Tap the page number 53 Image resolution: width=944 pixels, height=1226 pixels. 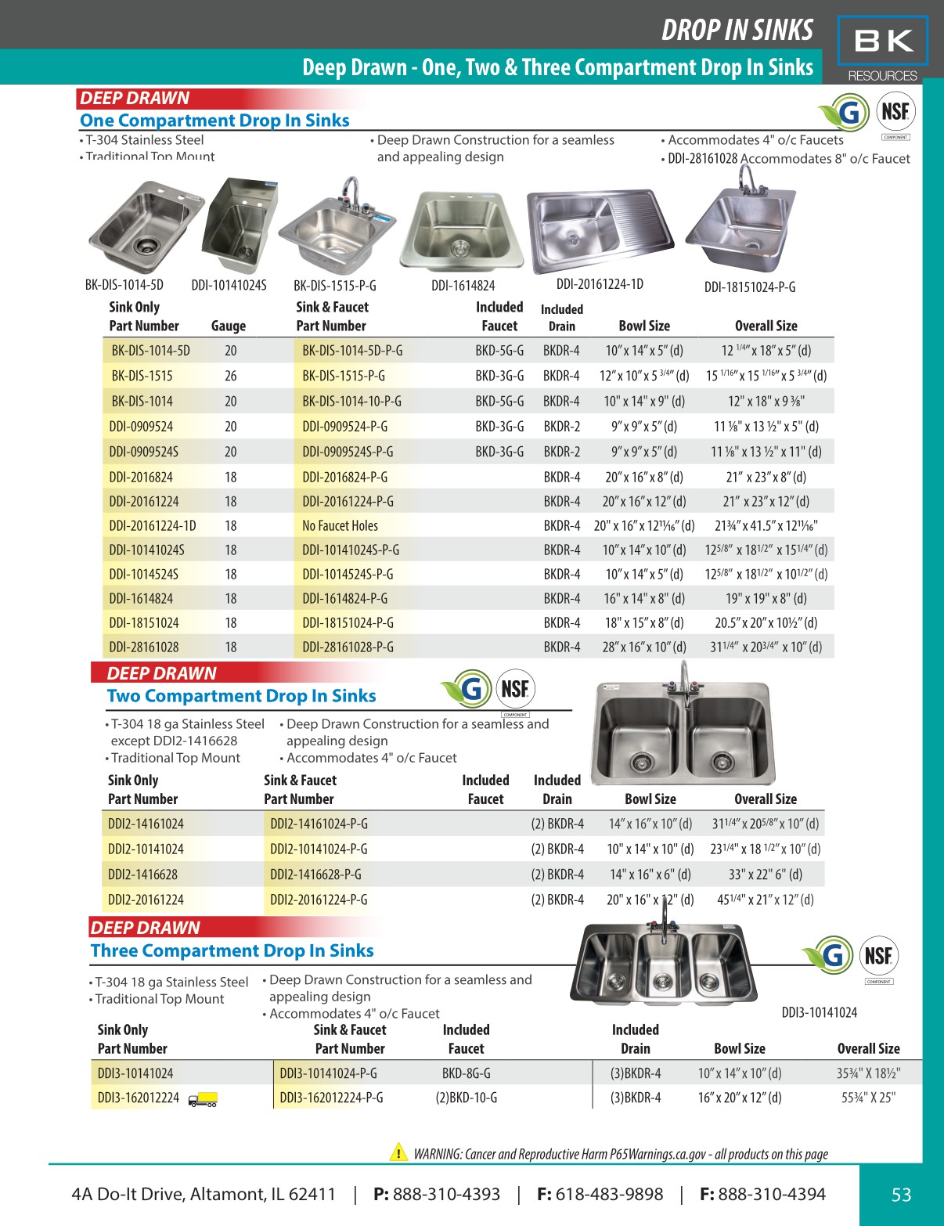[901, 1195]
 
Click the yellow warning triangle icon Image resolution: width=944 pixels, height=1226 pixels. [398, 1152]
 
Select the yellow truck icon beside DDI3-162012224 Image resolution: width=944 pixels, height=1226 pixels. [203, 1099]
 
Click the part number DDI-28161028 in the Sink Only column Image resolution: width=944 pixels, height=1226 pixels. [144, 647]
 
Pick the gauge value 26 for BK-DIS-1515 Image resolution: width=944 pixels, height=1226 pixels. [231, 376]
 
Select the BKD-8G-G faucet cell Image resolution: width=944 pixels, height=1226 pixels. [466, 1073]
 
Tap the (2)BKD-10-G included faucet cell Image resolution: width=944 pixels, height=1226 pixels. [466, 1098]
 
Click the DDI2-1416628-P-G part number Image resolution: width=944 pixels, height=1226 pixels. [315, 874]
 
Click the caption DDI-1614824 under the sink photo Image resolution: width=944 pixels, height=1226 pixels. [463, 286]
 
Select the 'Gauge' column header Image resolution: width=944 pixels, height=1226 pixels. [229, 326]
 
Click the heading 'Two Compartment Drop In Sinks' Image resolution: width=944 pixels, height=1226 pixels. [241, 696]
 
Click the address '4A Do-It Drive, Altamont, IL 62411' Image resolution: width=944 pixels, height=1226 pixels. [204, 1195]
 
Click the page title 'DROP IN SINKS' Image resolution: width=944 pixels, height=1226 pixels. [737, 30]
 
